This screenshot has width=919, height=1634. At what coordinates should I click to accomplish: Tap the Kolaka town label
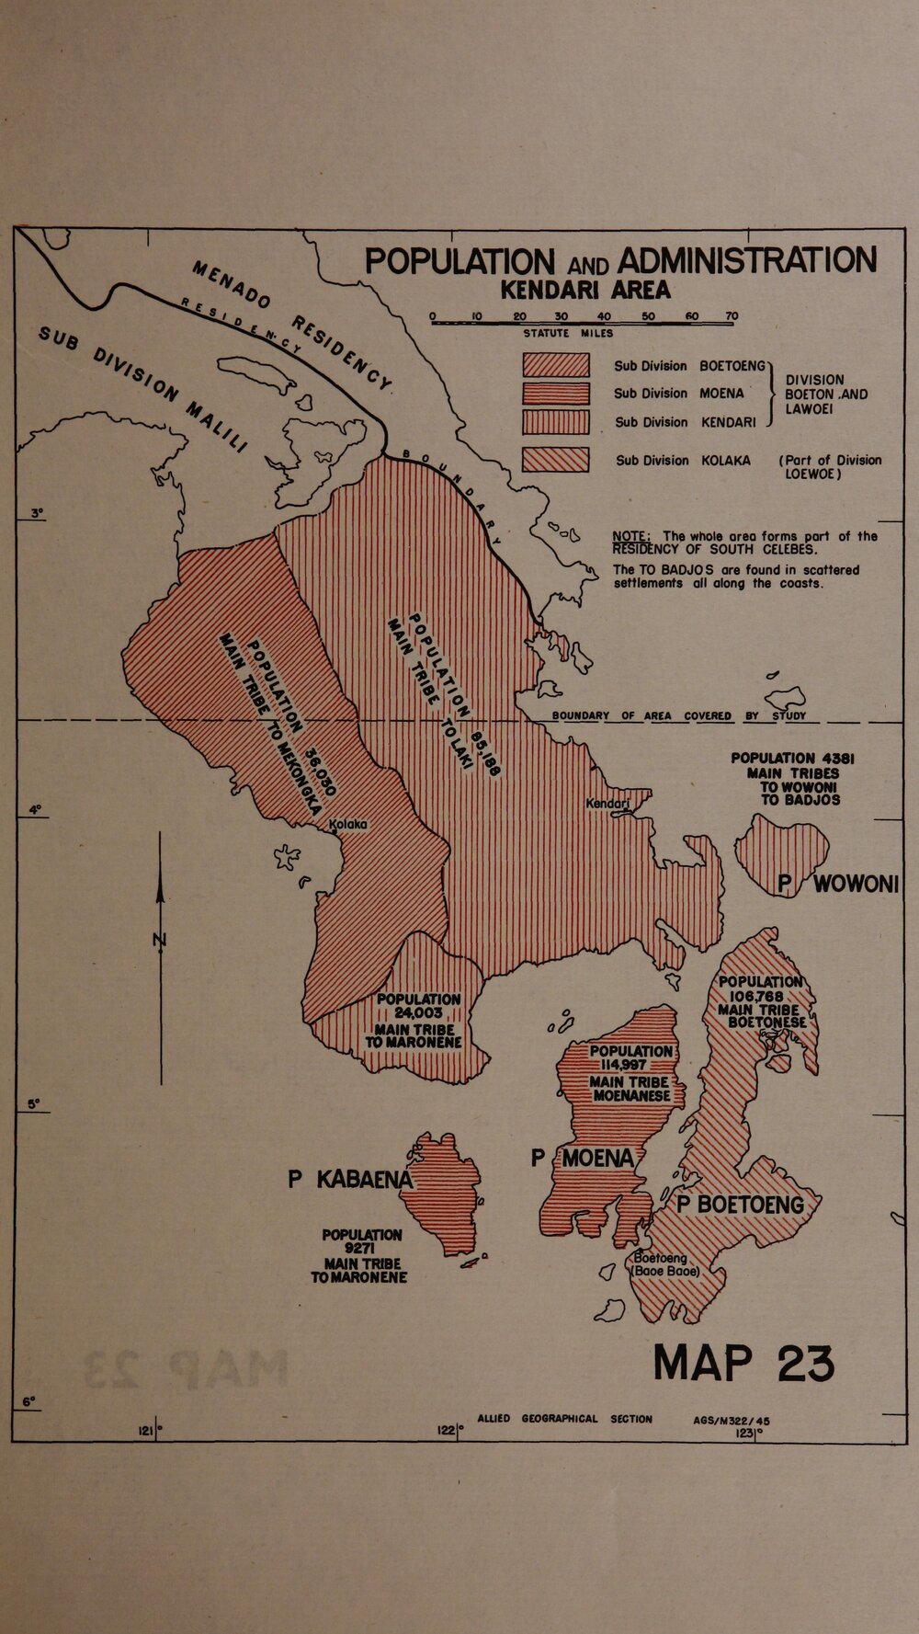(x=348, y=825)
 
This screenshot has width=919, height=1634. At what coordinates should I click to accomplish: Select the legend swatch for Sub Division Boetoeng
(x=555, y=365)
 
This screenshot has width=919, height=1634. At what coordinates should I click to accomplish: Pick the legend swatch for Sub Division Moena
(x=555, y=394)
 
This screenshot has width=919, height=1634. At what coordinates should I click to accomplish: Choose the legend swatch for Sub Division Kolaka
(x=555, y=460)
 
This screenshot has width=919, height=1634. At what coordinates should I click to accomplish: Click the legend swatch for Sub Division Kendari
(x=555, y=422)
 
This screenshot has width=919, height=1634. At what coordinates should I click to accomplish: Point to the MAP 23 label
(x=743, y=1364)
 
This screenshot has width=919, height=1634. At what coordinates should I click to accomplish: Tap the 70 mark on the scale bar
(x=732, y=316)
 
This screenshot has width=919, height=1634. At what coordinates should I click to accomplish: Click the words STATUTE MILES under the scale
(x=568, y=334)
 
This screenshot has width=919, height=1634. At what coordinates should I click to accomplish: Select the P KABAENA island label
(x=352, y=1180)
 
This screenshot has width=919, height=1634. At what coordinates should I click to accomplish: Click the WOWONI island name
(x=855, y=884)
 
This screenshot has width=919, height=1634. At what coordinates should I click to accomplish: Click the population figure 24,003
(x=418, y=1013)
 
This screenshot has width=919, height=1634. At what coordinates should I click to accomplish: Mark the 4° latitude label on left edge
(x=35, y=810)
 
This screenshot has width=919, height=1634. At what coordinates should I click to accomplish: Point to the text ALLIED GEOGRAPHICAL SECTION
(x=564, y=1419)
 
